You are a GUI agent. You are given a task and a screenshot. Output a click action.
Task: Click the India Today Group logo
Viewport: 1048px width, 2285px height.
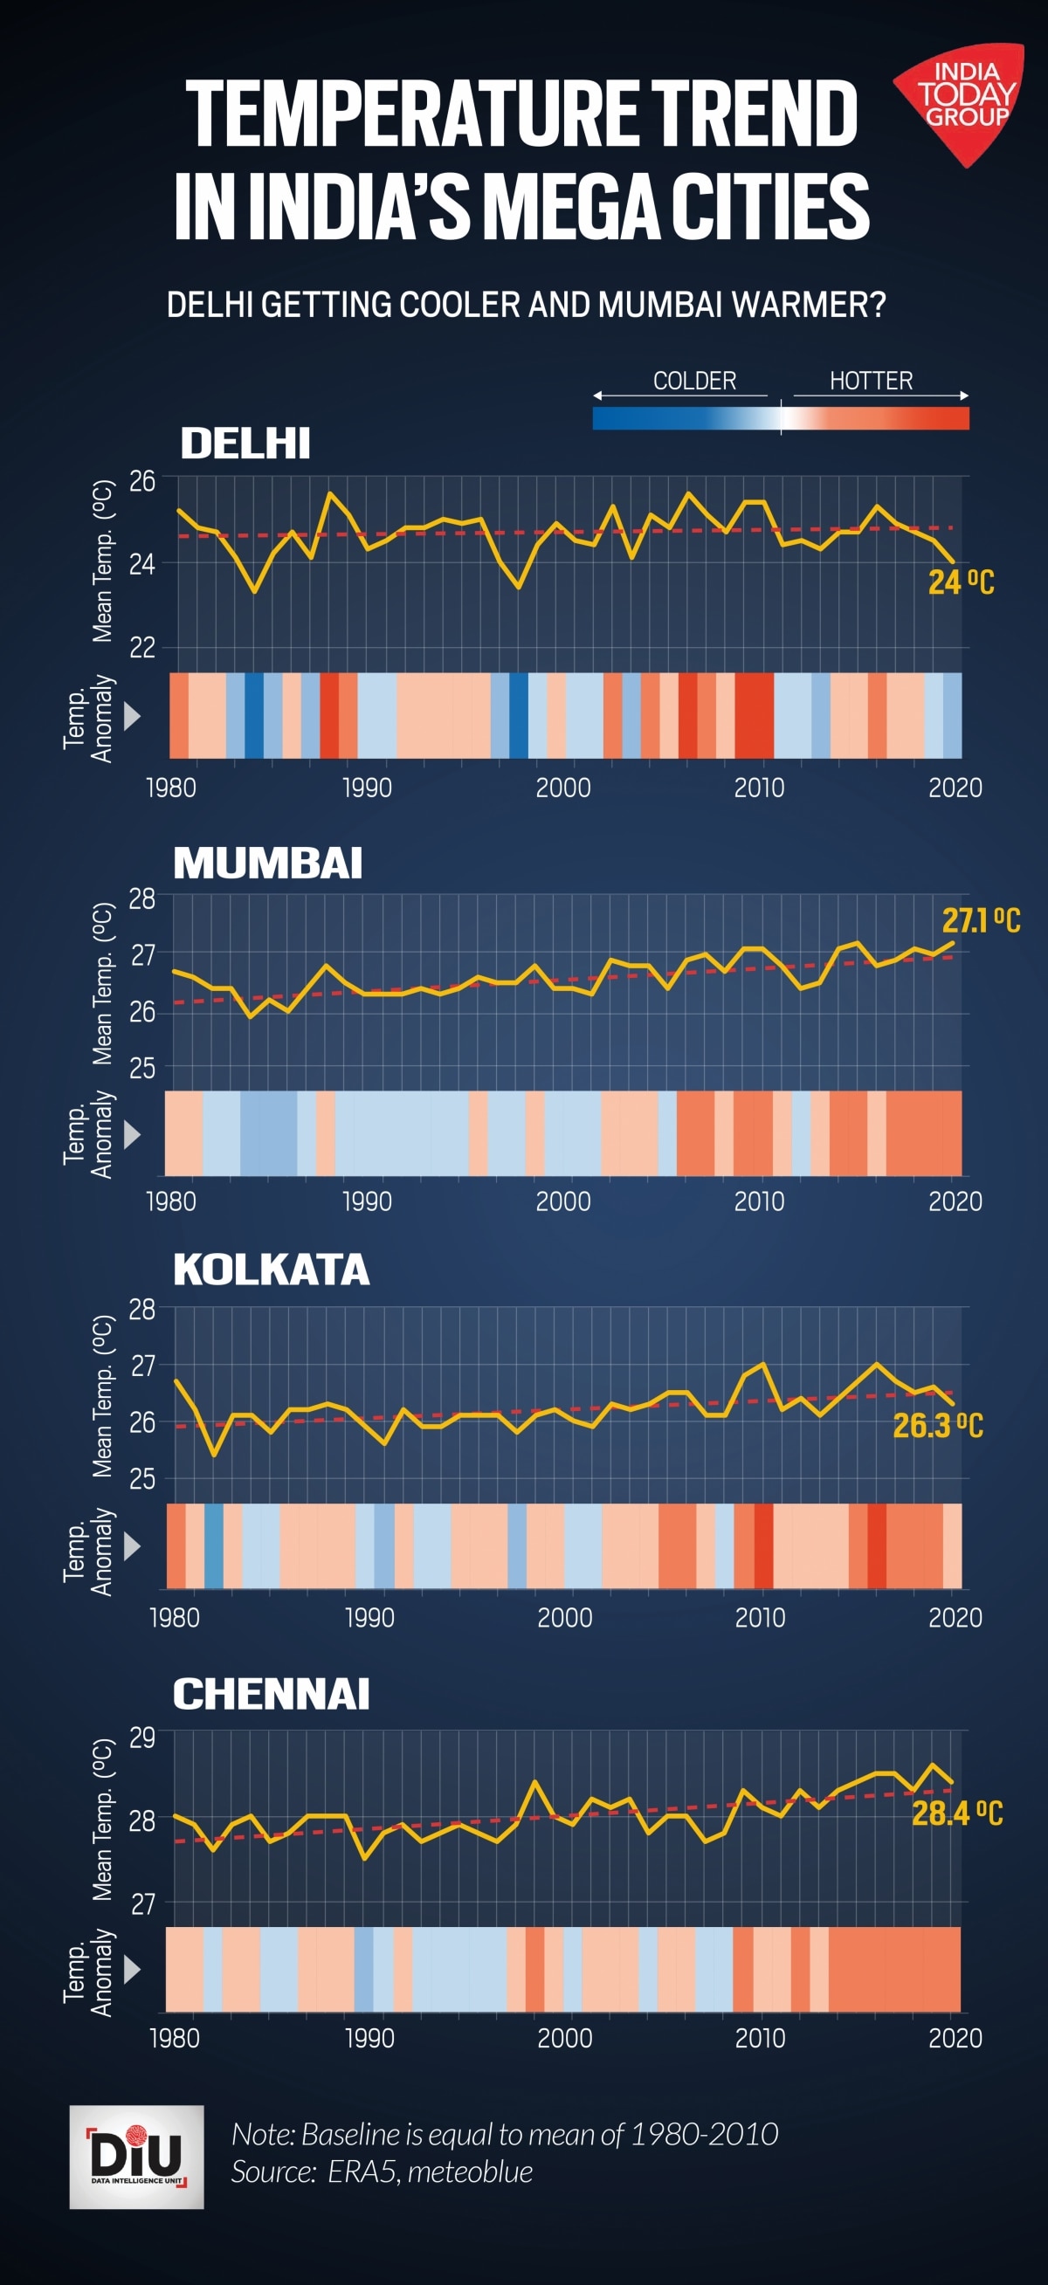963,99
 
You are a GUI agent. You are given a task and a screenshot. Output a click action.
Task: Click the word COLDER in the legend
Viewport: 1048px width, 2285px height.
694,381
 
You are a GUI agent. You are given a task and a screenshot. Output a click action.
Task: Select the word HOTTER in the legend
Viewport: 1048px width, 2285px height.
871,381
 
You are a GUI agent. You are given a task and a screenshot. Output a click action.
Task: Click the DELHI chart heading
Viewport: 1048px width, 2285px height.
245,444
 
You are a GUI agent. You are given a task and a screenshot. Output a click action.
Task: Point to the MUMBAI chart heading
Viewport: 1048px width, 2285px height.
267,863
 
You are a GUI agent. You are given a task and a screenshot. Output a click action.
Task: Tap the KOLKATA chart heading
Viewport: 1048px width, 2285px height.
271,1270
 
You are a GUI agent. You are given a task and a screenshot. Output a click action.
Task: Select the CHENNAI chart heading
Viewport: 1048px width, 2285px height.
271,1694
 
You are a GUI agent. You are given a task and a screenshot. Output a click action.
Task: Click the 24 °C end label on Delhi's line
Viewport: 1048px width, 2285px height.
960,582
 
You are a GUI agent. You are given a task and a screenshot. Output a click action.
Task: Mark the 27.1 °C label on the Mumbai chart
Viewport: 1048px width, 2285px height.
981,922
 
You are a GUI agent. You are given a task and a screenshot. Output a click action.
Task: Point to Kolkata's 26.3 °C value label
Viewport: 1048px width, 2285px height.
937,1426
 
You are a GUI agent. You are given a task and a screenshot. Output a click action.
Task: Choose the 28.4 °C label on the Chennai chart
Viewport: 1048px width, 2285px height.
956,1814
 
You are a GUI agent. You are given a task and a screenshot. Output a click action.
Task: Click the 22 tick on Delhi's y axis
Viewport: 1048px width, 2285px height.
142,648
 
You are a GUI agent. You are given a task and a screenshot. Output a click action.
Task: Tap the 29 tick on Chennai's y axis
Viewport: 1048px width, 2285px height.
142,1736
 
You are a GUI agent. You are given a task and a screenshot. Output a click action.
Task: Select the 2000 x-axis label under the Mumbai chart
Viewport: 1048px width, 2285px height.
562,1202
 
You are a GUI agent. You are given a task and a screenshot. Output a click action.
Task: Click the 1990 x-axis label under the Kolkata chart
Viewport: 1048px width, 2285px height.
369,1617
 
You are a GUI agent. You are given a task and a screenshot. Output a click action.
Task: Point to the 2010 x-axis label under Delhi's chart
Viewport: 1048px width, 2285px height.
759,788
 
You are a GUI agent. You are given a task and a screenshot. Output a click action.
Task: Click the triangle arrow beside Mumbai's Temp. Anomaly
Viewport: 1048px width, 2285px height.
132,1133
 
